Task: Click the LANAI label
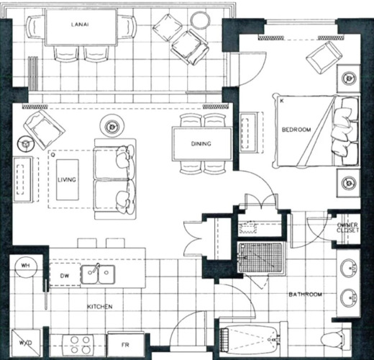(x=80, y=24)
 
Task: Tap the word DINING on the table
(x=201, y=144)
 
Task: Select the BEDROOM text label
(x=296, y=130)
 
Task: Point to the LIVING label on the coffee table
(x=67, y=179)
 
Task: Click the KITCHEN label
(x=99, y=307)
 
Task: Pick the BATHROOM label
(x=305, y=294)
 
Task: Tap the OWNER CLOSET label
(x=347, y=228)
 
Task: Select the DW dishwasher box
(x=65, y=275)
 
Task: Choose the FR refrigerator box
(x=126, y=345)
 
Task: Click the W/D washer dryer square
(x=26, y=343)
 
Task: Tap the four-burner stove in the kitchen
(x=81, y=345)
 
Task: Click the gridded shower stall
(x=261, y=258)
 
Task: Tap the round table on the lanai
(x=200, y=20)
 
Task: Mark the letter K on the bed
(x=282, y=101)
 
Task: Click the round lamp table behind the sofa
(x=111, y=125)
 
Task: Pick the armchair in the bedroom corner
(x=324, y=57)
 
